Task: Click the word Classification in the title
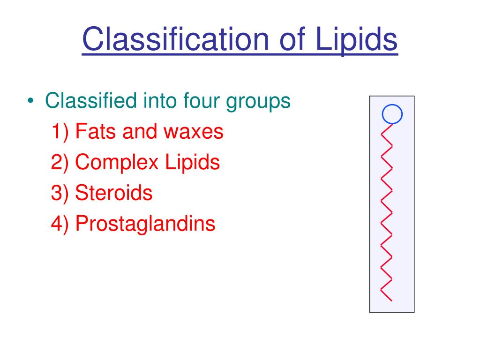[x=176, y=39]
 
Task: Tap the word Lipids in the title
[x=356, y=41]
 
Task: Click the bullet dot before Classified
[x=30, y=100]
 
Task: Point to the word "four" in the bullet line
[x=202, y=100]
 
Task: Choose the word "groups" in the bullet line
[x=258, y=102]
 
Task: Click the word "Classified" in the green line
[x=91, y=100]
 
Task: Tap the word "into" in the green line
[x=160, y=100]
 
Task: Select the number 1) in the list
[x=60, y=132]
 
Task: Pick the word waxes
[x=194, y=132]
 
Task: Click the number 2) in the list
[x=60, y=163]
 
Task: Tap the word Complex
[x=117, y=163]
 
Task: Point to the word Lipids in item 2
[x=193, y=163]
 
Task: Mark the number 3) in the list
[x=60, y=193]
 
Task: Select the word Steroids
[x=114, y=192]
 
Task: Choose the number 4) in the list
[x=60, y=224]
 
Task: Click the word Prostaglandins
[x=145, y=224]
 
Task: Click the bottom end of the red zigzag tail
[x=391, y=301]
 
